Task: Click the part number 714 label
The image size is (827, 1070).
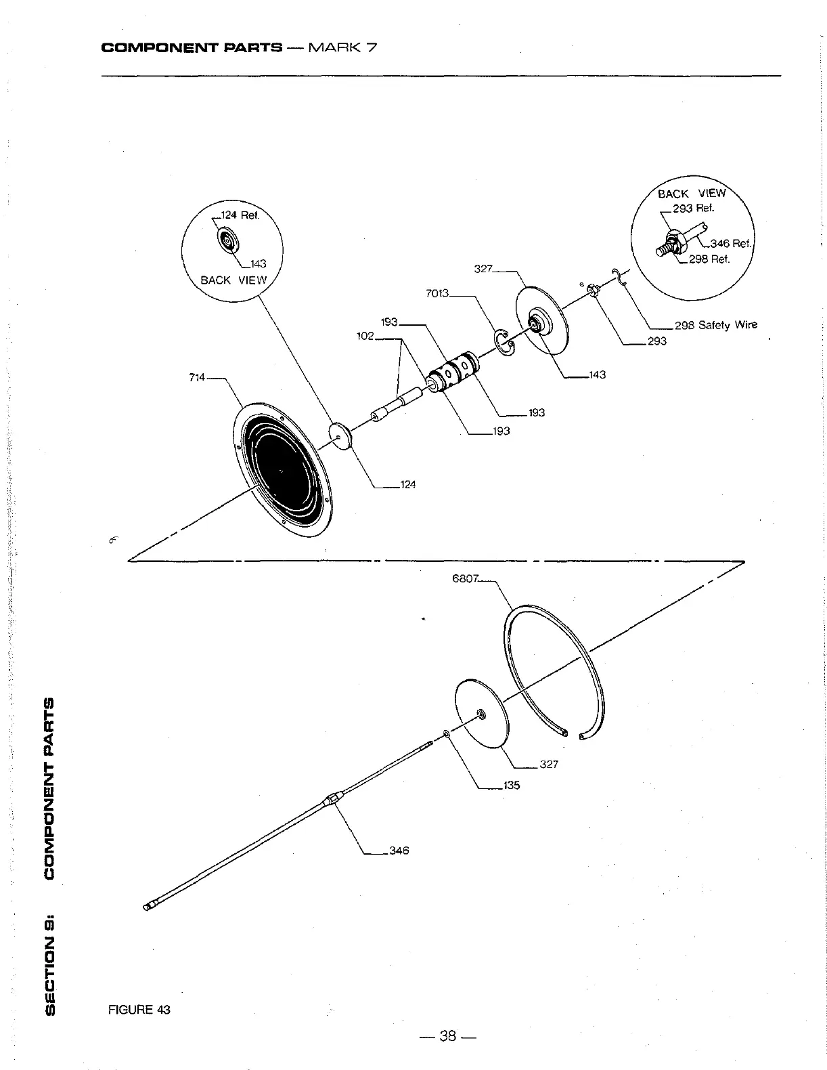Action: pos(198,377)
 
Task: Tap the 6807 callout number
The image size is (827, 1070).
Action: pos(466,579)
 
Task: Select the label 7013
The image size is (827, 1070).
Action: pos(437,294)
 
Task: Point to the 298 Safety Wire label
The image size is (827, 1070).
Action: pos(715,325)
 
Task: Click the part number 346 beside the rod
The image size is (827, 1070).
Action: pos(399,851)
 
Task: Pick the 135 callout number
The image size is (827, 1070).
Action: pos(512,786)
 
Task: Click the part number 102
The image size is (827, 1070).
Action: pos(365,336)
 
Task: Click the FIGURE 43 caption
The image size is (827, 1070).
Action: pos(139,1010)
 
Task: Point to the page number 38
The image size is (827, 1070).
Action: pos(448,1035)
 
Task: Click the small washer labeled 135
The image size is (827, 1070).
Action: pos(447,733)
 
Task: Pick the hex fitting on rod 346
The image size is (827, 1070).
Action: pos(332,799)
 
